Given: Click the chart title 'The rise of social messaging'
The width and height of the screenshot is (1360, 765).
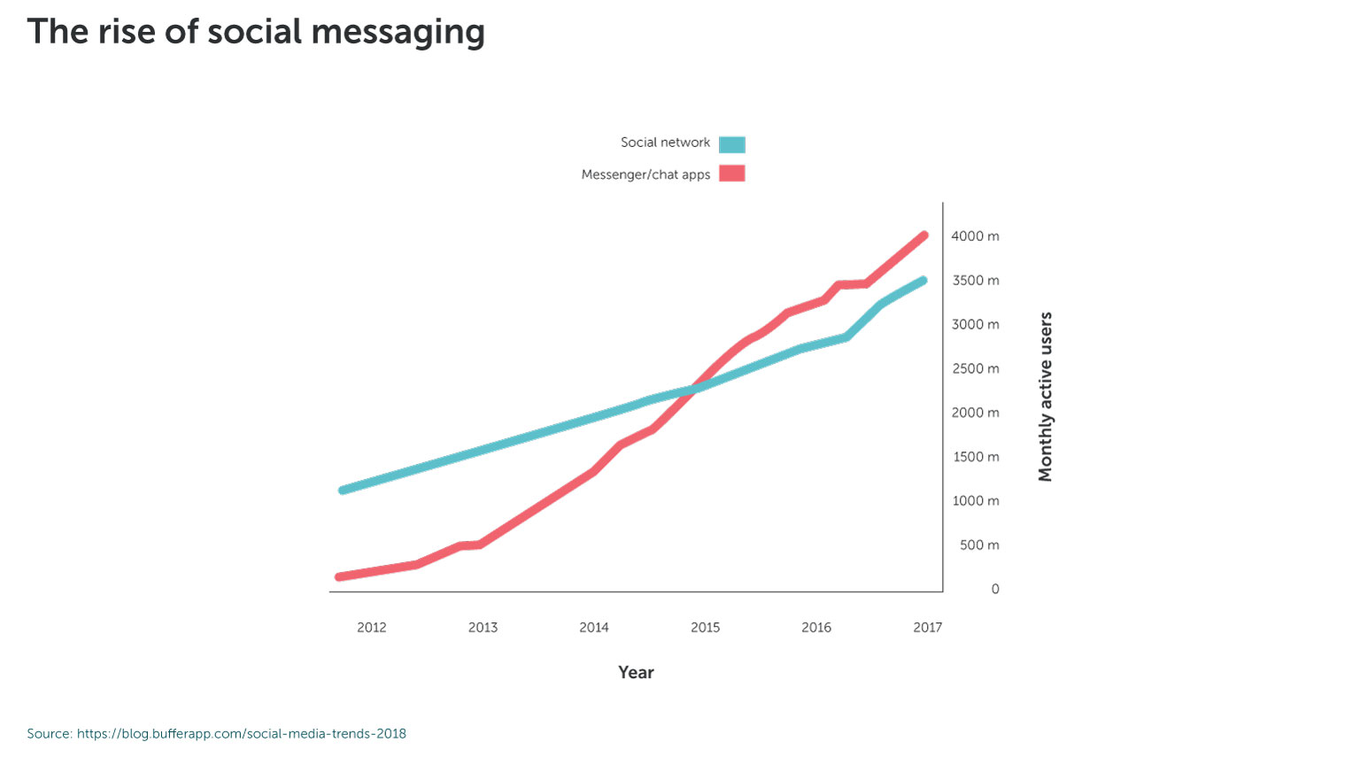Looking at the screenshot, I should point(256,32).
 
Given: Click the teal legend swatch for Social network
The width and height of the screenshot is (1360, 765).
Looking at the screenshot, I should point(731,144).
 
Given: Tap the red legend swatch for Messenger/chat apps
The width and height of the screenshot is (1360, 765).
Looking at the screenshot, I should point(731,174).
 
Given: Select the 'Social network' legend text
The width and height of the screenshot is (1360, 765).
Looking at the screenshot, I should point(665,143).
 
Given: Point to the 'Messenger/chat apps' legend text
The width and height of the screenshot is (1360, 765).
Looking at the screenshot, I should point(645,174).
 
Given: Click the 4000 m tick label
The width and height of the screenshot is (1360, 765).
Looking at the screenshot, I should point(975,236).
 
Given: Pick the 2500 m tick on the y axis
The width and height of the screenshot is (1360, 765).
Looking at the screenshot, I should point(975,368).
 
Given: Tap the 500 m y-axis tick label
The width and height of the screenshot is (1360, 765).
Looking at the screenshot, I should point(979,545).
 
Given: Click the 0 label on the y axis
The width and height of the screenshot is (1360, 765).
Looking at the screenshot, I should point(995,590).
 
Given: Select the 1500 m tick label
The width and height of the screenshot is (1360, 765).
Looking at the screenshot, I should point(975,457).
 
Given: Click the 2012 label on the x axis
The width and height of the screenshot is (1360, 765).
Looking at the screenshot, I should point(372,628).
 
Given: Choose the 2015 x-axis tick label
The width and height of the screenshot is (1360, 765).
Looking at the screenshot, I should point(706,628).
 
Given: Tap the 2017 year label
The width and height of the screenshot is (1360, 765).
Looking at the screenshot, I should point(928,628).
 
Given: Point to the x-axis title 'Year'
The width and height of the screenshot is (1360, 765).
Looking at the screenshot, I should point(636,673).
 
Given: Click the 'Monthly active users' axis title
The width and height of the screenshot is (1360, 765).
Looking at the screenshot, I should point(1046,397).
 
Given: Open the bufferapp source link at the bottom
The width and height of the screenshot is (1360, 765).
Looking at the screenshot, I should point(241,734).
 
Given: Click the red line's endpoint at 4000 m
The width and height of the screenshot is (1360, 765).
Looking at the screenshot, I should point(923,236).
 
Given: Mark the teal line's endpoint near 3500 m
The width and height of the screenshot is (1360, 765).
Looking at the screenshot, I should point(923,281).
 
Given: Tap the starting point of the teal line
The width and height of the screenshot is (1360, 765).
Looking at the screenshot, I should point(343,490).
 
